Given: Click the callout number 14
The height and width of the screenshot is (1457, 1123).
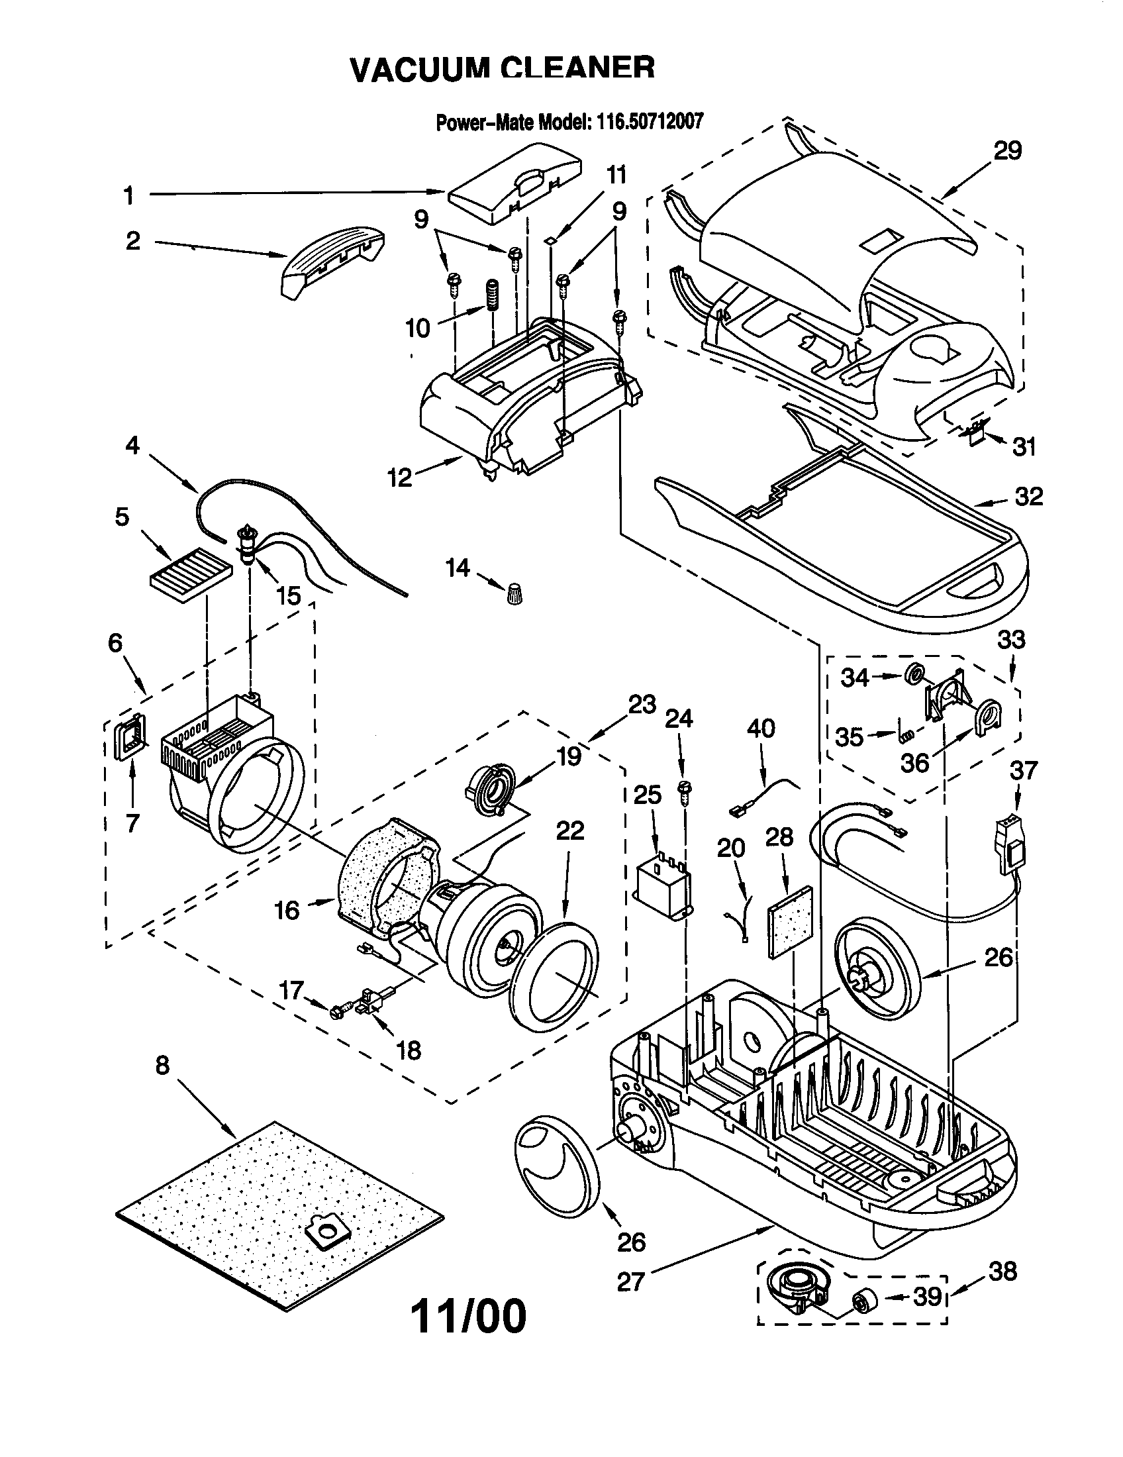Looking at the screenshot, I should (x=458, y=568).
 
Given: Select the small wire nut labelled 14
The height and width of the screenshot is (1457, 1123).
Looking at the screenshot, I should (x=514, y=593).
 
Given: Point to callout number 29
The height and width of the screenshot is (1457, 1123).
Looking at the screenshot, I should (x=1007, y=151).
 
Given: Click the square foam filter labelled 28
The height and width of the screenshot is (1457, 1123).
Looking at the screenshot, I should (x=791, y=923).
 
